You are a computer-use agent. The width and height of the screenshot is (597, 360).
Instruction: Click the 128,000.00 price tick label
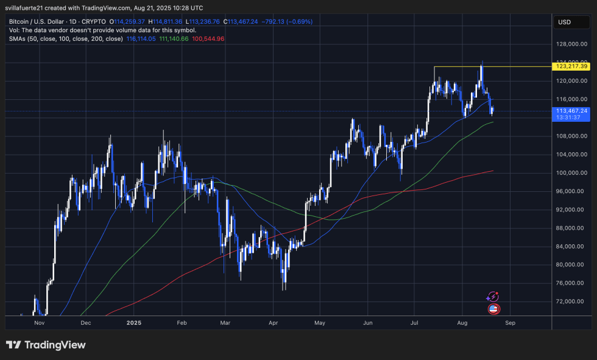tap(571, 44)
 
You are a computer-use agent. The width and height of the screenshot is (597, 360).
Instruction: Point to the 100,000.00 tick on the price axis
tap(571, 173)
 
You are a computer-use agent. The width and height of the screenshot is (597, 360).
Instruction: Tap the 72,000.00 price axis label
tap(571, 302)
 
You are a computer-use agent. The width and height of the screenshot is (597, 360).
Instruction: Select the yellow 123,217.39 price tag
tap(571, 66)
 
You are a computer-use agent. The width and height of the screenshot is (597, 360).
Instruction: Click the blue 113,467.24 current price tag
tap(571, 111)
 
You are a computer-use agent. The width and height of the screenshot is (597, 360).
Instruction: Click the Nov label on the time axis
tap(40, 323)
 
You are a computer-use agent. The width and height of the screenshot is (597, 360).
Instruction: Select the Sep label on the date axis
tap(510, 323)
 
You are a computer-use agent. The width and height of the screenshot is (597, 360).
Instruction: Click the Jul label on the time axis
tap(415, 323)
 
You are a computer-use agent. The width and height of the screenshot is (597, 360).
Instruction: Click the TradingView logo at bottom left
tap(46, 345)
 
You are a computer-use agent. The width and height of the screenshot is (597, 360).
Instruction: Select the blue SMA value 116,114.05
tap(142, 38)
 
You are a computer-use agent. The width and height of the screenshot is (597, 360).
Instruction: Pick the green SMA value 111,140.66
tap(175, 38)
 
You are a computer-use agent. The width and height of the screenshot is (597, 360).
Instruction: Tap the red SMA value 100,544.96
tap(208, 38)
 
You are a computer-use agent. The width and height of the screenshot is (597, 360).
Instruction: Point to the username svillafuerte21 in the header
tap(29, 8)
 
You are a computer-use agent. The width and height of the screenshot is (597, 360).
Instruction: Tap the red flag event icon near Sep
tap(494, 309)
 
